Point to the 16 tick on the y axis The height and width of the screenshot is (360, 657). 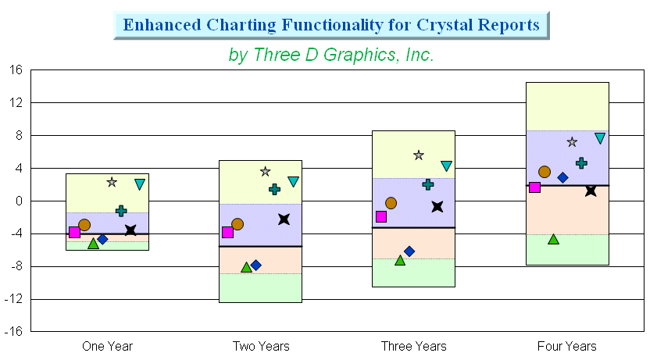(x=16, y=70)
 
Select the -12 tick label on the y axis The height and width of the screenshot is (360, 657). (x=13, y=299)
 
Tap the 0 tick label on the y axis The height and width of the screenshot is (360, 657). (x=19, y=201)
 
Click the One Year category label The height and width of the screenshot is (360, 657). (x=107, y=346)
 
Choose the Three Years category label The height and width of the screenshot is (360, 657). (x=413, y=346)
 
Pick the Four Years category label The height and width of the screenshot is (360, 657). (x=567, y=346)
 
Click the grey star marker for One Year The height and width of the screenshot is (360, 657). (x=112, y=182)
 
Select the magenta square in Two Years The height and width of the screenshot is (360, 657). (x=227, y=233)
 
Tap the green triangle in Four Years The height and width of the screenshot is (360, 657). (x=554, y=240)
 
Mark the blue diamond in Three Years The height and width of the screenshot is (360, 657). (x=409, y=251)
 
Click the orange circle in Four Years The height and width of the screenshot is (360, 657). (x=545, y=172)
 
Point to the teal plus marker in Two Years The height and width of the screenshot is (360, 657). (x=274, y=189)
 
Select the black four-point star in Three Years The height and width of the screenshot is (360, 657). (x=437, y=206)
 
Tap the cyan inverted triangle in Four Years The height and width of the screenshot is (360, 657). (x=600, y=138)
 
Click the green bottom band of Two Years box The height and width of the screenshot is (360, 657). (x=260, y=288)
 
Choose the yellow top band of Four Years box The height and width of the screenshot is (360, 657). (x=567, y=107)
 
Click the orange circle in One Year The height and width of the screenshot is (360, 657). (x=84, y=225)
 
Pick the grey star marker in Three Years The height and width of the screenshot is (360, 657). (x=419, y=155)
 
